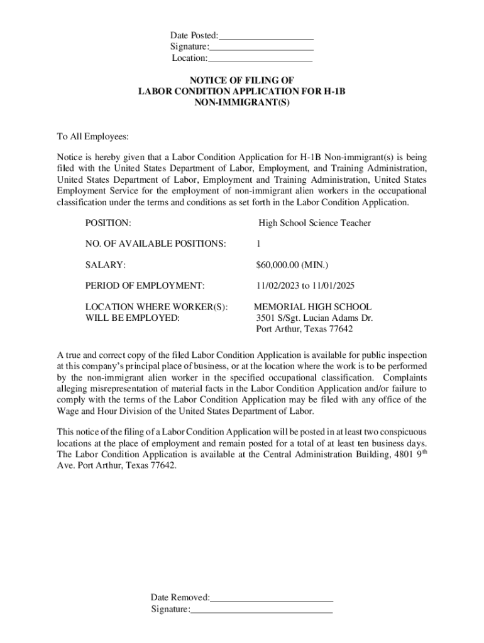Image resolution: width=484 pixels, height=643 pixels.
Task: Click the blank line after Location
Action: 260,61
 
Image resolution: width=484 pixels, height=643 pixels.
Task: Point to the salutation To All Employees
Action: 93,136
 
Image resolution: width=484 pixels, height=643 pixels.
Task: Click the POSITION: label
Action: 108,223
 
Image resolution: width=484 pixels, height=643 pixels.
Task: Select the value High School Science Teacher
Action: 314,223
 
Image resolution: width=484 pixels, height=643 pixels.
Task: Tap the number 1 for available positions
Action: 258,244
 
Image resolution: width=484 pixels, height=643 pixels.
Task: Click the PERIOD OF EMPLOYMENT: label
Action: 145,286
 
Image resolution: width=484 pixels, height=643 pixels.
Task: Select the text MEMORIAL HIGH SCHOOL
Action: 312,307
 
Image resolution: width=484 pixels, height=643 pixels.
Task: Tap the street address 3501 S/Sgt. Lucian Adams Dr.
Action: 314,318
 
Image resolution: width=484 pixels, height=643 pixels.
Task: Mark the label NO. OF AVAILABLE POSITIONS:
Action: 155,244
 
